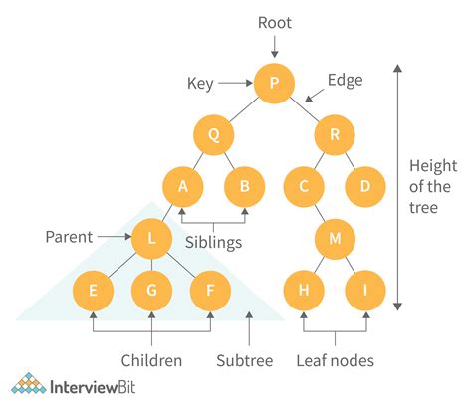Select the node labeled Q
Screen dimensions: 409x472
[213, 134]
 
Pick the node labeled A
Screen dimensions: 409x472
[182, 186]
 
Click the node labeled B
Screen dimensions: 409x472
[243, 186]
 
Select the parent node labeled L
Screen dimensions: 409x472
[152, 239]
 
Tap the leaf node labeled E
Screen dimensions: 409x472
[93, 291]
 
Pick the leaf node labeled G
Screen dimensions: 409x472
[152, 291]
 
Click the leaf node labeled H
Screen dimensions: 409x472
[303, 291]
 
